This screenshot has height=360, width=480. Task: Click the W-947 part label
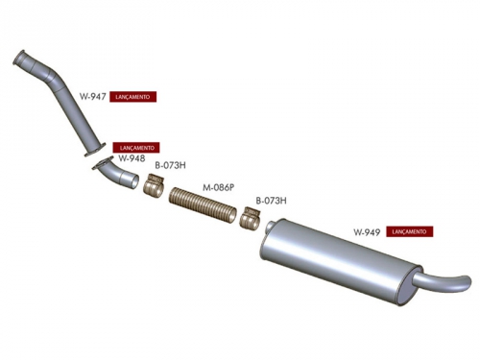(93, 96)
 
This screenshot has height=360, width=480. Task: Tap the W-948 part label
(132, 158)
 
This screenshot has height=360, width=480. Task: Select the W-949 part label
(367, 232)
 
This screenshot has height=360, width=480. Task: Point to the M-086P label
(219, 187)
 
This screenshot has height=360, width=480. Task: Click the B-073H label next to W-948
(171, 165)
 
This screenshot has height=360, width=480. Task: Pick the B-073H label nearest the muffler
(271, 201)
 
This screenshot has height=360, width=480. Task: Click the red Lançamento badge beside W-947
(132, 97)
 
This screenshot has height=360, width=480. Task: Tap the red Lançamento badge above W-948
(136, 148)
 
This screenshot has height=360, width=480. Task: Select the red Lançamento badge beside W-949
(410, 231)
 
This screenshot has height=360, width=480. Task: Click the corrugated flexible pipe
(203, 205)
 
